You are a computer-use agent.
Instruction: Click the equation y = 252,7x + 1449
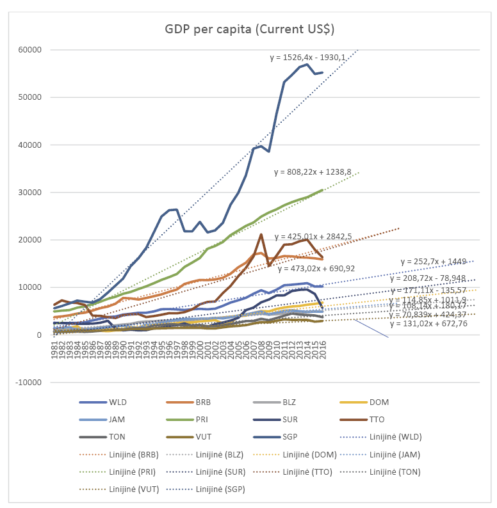(437, 262)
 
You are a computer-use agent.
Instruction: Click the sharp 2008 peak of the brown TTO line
(261, 234)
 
